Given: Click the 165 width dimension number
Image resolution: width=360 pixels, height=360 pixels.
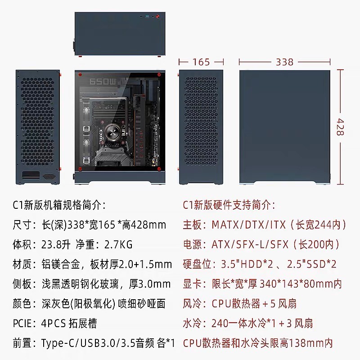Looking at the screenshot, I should point(201,62).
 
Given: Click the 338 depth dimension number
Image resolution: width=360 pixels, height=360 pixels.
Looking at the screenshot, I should point(284,62).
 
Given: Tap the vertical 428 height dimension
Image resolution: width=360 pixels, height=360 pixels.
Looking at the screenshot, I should point(341,127).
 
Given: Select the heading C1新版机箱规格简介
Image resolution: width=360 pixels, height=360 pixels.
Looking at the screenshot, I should point(59,205).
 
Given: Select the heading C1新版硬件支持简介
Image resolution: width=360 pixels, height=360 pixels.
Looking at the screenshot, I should point(229,205).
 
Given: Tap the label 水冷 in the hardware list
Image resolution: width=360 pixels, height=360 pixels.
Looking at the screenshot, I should point(193,323).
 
